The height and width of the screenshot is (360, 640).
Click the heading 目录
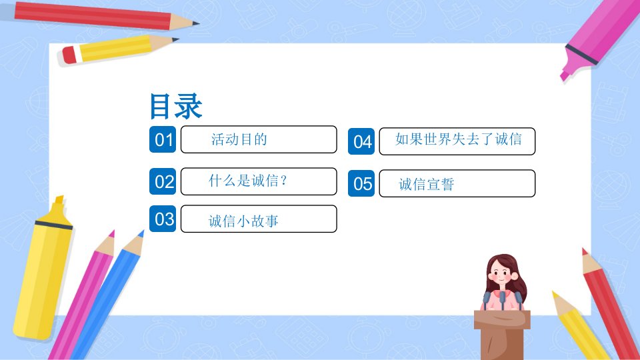click(176, 106)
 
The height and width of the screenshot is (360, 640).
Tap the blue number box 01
click(163, 139)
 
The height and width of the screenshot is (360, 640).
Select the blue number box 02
click(163, 181)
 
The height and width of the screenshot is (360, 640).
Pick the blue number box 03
click(163, 219)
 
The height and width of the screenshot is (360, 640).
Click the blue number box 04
click(361, 141)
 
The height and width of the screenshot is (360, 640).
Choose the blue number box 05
click(361, 183)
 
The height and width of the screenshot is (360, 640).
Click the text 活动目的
click(239, 139)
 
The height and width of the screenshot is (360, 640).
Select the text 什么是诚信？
click(248, 181)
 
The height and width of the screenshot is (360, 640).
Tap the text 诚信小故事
click(243, 221)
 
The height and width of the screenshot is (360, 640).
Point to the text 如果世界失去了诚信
click(459, 139)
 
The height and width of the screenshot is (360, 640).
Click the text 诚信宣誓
click(427, 185)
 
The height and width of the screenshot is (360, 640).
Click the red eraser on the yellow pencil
click(69, 55)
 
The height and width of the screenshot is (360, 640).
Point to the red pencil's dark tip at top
click(195, 23)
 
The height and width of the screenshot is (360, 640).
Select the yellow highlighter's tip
click(59, 199)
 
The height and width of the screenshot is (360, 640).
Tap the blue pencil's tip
click(141, 234)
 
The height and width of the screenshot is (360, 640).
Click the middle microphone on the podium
click(503, 301)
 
